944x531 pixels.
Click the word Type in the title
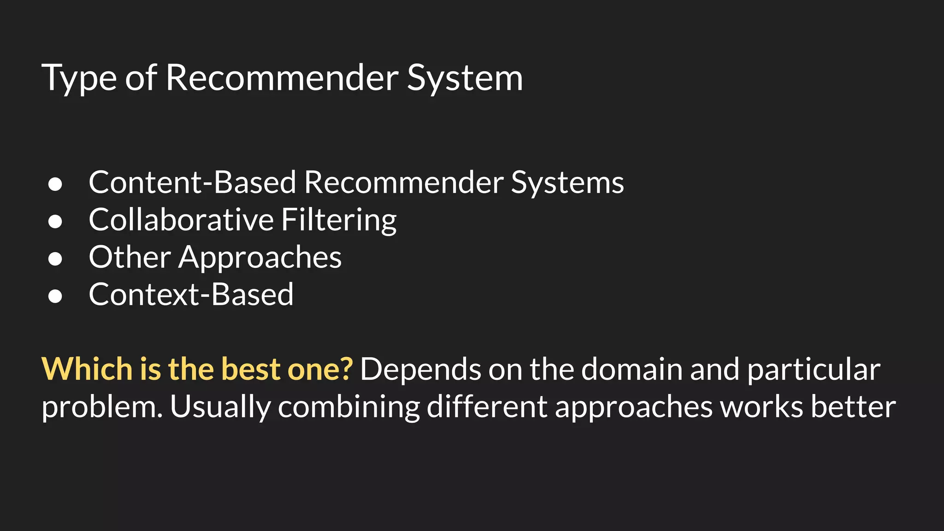(x=79, y=78)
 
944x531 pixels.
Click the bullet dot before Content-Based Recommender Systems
(x=55, y=184)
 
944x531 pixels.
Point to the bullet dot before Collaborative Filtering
(x=55, y=221)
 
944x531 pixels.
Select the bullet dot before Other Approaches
(x=55, y=259)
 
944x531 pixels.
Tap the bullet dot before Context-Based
(x=55, y=296)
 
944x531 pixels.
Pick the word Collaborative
(x=181, y=219)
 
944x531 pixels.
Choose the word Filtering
(x=339, y=220)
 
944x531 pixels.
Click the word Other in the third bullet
(x=130, y=257)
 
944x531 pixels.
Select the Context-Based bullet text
(x=191, y=294)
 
